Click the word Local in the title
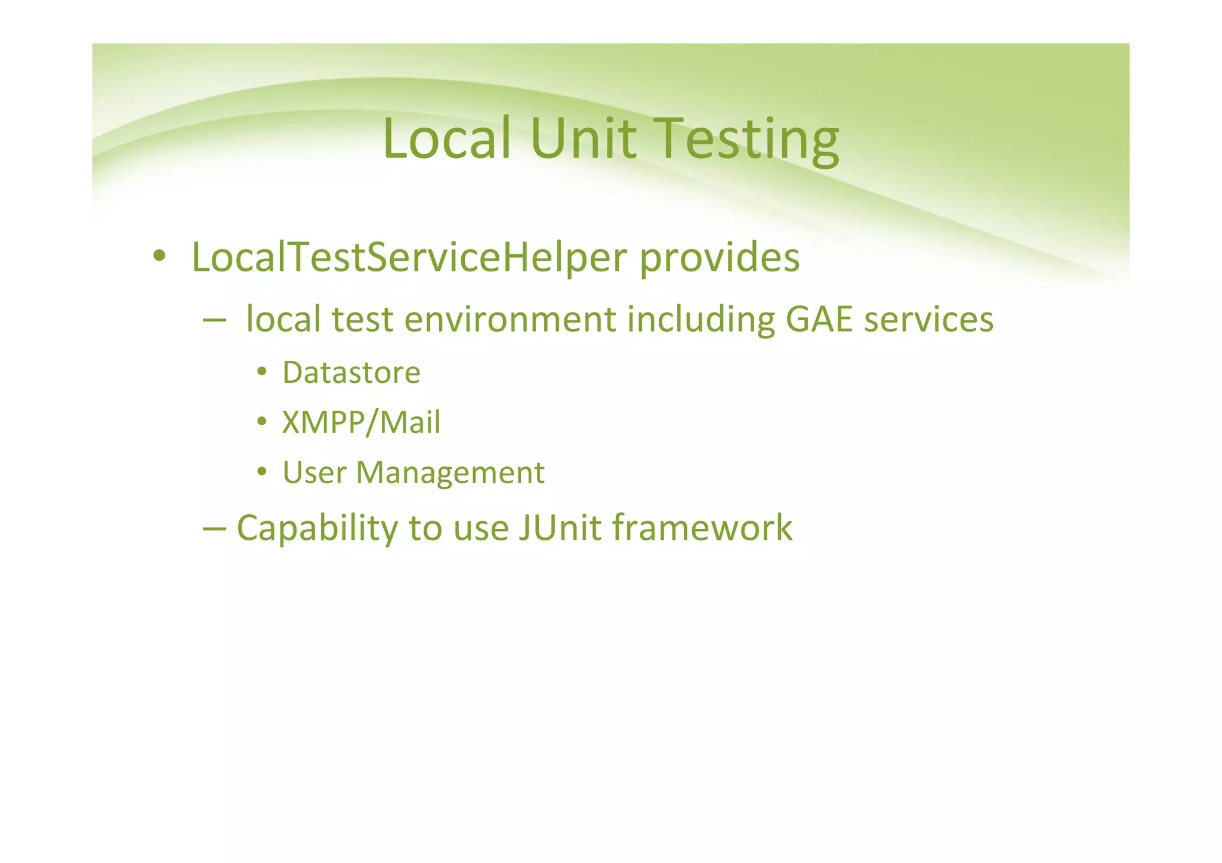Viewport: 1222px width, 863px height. [446, 138]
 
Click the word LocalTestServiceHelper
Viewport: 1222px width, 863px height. [409, 257]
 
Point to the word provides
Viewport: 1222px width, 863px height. [719, 258]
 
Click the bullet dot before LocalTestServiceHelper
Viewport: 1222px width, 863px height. [159, 256]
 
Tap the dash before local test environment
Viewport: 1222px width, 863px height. [214, 320]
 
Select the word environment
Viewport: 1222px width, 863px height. [510, 319]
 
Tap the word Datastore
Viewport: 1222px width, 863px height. [351, 373]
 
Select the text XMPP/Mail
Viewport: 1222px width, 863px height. [361, 422]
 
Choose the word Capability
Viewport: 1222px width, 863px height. [317, 528]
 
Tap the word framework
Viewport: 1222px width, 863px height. [702, 528]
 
